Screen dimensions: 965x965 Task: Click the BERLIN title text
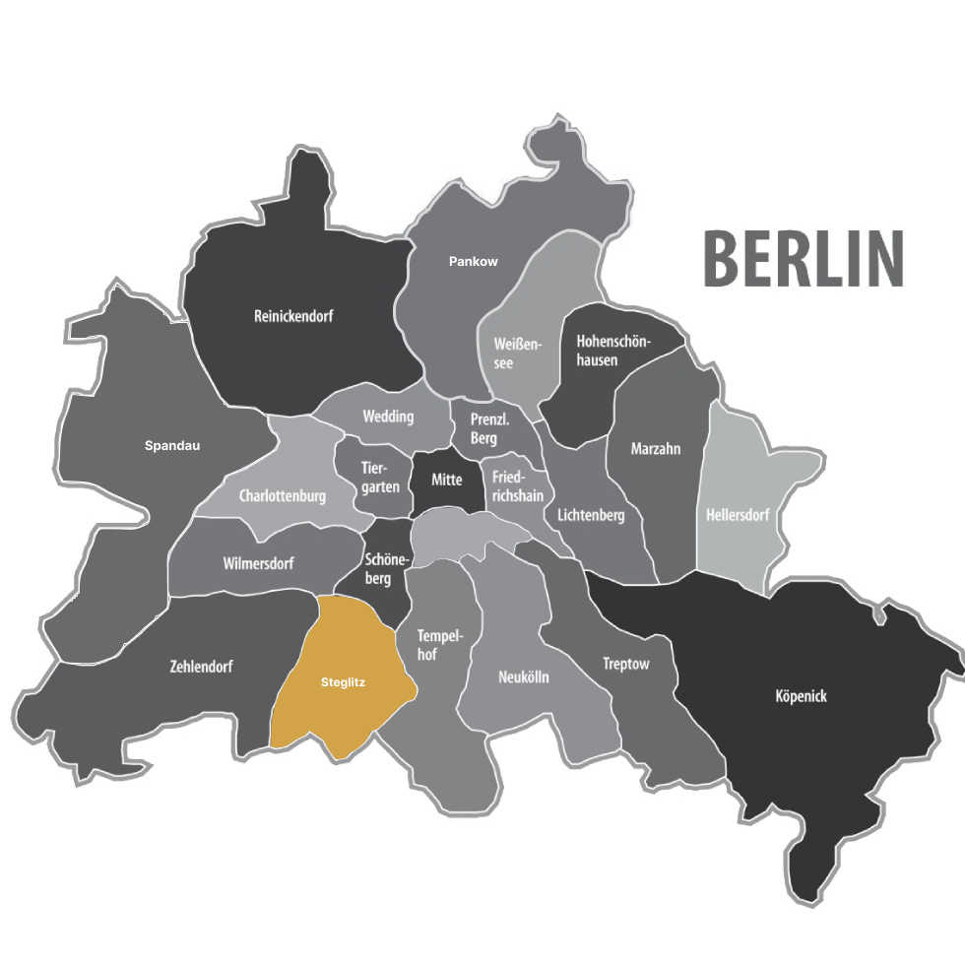[x=803, y=259]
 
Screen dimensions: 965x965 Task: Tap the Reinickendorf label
[x=293, y=317]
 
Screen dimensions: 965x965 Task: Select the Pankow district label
[x=474, y=262]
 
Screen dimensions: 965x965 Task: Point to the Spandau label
[x=172, y=446]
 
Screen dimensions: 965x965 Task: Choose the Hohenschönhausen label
[x=611, y=351]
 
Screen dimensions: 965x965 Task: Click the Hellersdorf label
[x=738, y=515]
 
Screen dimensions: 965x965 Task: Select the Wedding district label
[x=388, y=417]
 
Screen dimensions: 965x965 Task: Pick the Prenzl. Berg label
[x=489, y=429]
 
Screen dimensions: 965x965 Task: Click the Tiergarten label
[x=380, y=477]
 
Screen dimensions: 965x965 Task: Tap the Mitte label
[x=447, y=480]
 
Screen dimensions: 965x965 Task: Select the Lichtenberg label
[x=591, y=515]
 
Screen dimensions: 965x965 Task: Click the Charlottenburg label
[x=282, y=496]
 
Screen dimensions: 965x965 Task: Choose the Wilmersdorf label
[x=258, y=563]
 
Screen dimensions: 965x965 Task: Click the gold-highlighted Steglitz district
[x=343, y=681]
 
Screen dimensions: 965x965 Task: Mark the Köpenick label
[x=802, y=696]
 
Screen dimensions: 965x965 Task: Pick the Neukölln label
[x=524, y=677]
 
